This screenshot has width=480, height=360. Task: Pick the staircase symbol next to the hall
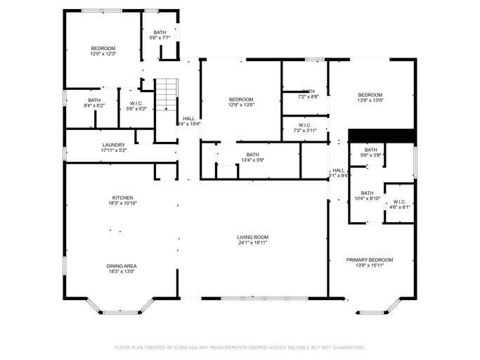pos(164,95)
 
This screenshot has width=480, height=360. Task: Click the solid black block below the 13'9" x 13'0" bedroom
pos(382,135)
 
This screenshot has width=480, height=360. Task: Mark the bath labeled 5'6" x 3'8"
pos(370,152)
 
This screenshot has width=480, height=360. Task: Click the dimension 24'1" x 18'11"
pos(252,243)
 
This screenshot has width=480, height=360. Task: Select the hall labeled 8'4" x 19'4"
pos(188,121)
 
